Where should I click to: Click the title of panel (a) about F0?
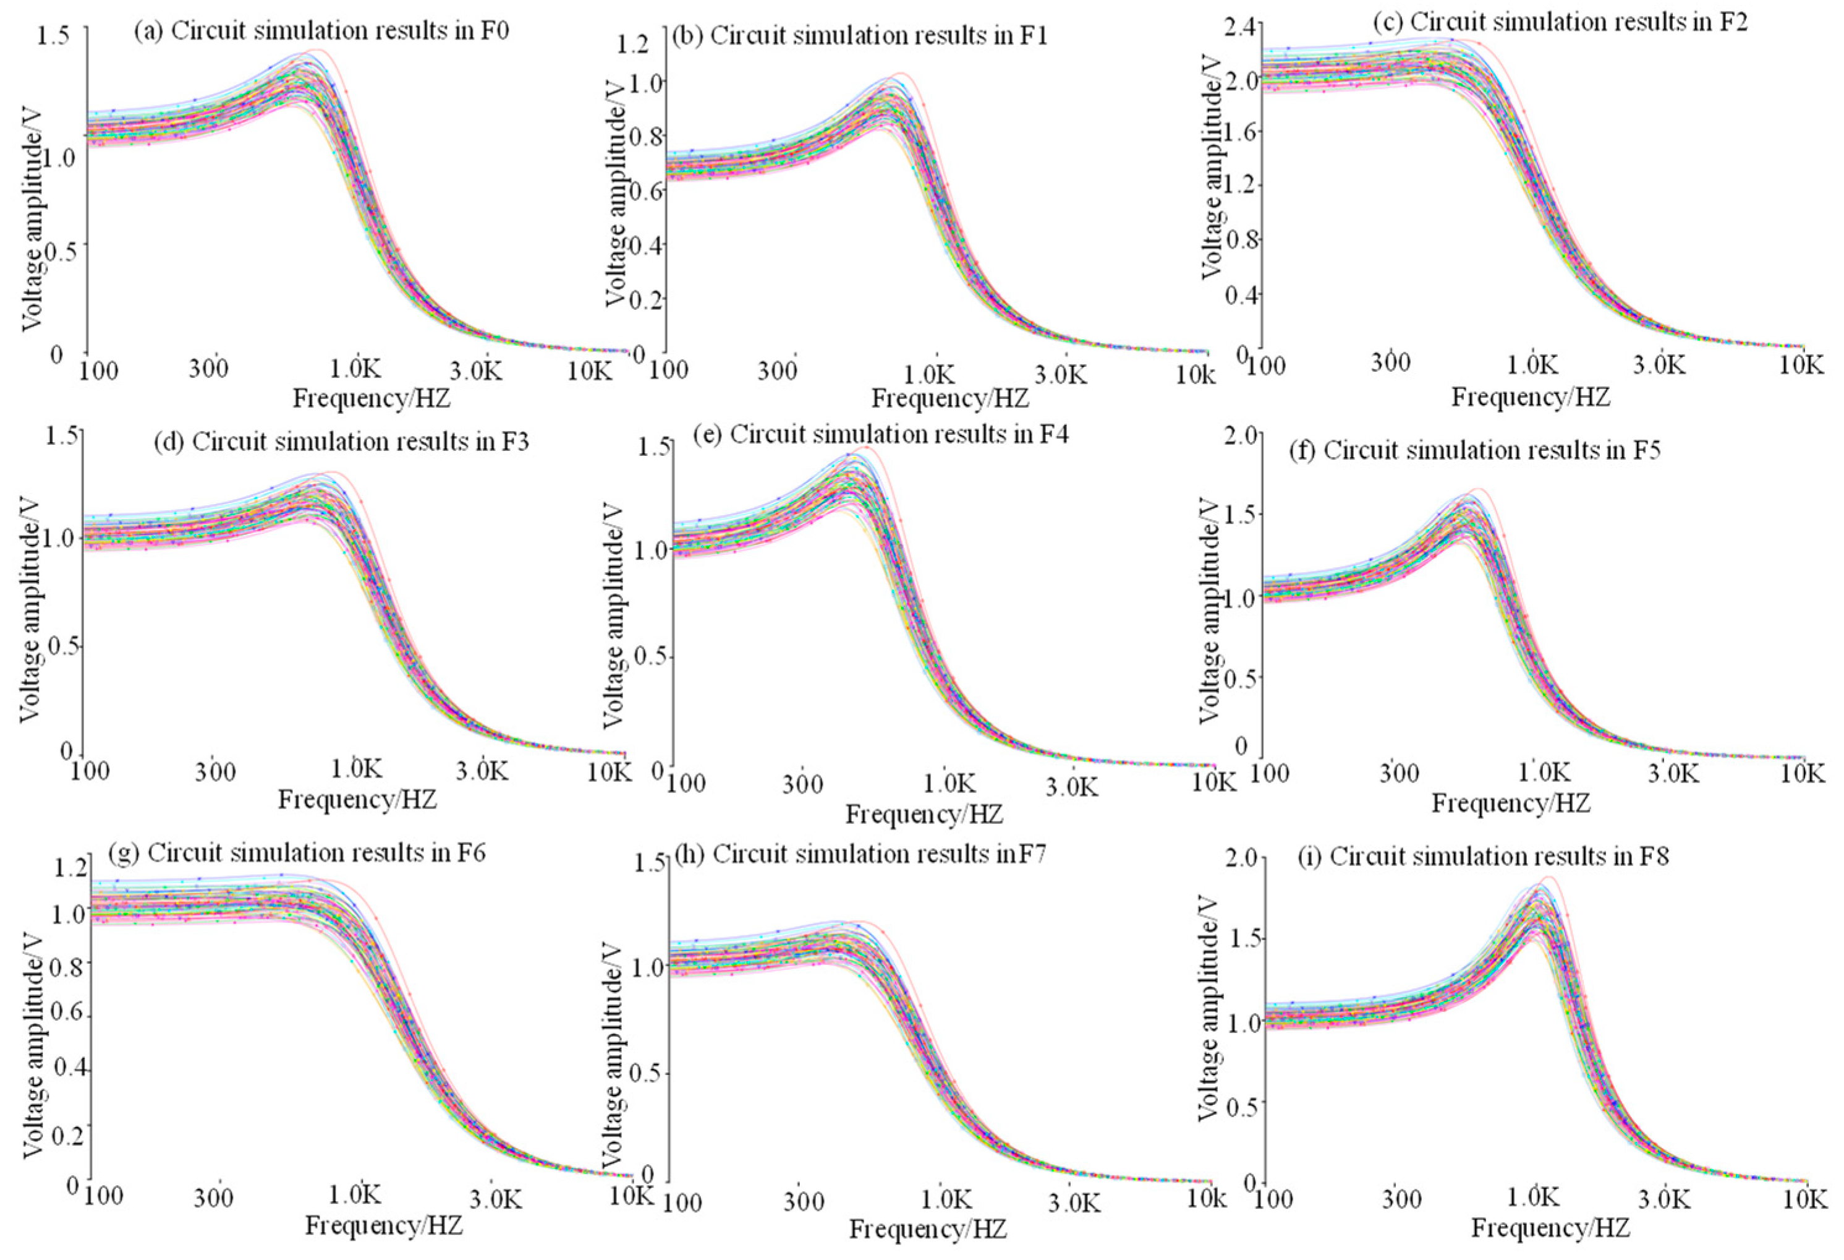coord(321,31)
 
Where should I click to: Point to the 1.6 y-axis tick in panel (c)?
coord(1239,132)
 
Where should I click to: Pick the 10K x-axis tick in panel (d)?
coord(610,771)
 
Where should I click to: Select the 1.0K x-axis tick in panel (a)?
coord(356,369)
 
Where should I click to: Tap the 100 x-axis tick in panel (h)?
coord(682,1202)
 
